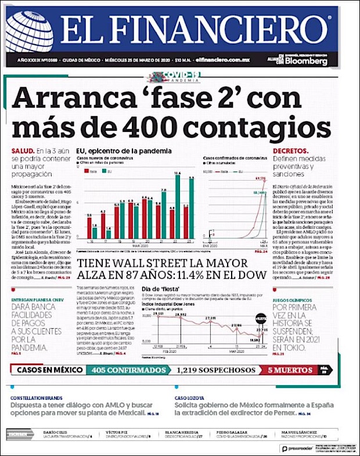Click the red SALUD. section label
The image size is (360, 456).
click(21, 150)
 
